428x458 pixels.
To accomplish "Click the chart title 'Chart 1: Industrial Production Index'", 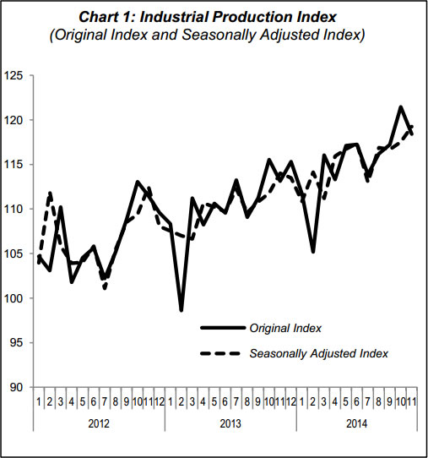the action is pyautogui.click(x=208, y=17).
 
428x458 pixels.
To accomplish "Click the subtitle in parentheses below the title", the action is pyautogui.click(x=208, y=35).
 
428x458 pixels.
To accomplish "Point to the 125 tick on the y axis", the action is pyautogui.click(x=13, y=76).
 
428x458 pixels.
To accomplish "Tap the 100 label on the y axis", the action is pyautogui.click(x=13, y=298).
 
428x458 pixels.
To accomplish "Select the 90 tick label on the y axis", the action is pyautogui.click(x=16, y=387).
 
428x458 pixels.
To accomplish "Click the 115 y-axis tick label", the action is pyautogui.click(x=13, y=165).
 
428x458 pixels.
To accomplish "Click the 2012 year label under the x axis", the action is pyautogui.click(x=99, y=423).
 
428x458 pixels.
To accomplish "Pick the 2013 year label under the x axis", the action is pyautogui.click(x=230, y=423).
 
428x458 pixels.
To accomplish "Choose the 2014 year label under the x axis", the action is pyautogui.click(x=357, y=423).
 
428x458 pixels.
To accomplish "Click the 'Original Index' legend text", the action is pyautogui.click(x=285, y=329).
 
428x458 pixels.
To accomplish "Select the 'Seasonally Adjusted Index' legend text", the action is pyautogui.click(x=319, y=354).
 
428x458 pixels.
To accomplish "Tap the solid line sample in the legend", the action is pyautogui.click(x=223, y=328).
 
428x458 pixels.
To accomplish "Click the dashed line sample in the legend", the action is pyautogui.click(x=220, y=354).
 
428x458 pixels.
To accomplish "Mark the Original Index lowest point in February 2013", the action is pyautogui.click(x=181, y=310).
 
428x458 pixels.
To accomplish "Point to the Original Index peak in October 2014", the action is pyautogui.click(x=401, y=107).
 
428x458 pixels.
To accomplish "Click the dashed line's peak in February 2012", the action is pyautogui.click(x=50, y=193).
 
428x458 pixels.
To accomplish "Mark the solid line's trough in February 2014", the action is pyautogui.click(x=313, y=252).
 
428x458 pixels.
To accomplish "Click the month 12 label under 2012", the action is pyautogui.click(x=160, y=402).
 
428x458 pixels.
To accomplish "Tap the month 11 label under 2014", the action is pyautogui.click(x=411, y=402).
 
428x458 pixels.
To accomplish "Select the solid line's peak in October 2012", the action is pyautogui.click(x=138, y=182).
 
